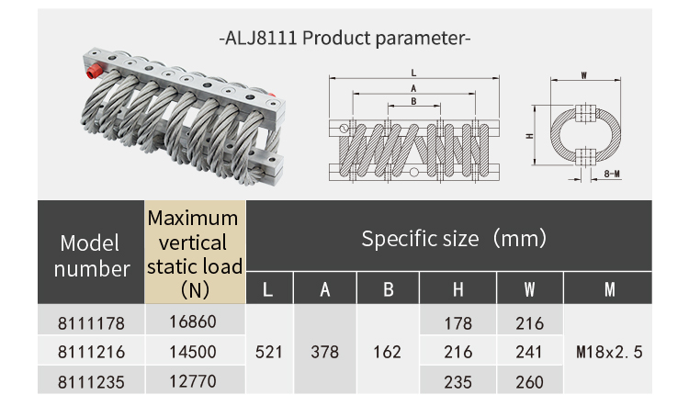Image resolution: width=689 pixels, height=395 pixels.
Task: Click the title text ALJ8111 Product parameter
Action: point(344,39)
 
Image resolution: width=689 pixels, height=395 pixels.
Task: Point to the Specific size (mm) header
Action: point(454,239)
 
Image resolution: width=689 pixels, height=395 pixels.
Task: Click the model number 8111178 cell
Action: point(90,323)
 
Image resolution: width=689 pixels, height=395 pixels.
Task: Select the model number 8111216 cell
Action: point(90,351)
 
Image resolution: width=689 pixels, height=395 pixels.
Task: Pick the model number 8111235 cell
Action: point(90,378)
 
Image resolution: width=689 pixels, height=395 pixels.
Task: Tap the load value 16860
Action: point(195,322)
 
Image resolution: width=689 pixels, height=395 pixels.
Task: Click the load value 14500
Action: point(195,351)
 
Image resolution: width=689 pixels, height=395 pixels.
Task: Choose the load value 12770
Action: point(195,378)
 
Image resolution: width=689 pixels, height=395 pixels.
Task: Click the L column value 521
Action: point(269,351)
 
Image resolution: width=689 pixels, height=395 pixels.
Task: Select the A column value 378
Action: point(324,351)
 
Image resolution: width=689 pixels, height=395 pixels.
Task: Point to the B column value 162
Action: point(388,351)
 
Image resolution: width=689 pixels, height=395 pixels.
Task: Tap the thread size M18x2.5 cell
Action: point(609,351)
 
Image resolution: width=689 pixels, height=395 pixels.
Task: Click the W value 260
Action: point(529,378)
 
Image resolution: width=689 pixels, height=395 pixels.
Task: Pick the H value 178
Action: point(457,323)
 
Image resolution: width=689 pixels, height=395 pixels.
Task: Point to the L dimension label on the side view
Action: point(414,72)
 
